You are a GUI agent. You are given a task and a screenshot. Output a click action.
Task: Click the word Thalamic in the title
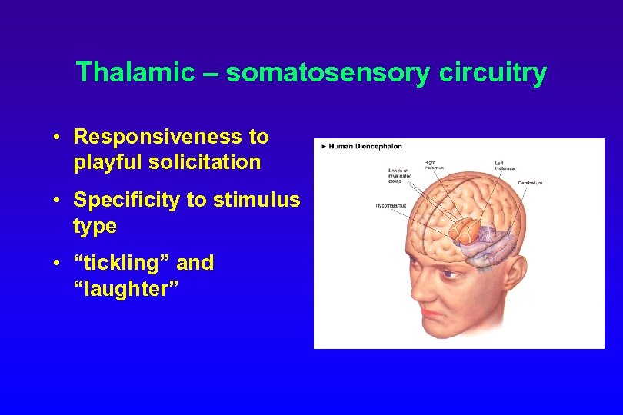pyautogui.click(x=135, y=73)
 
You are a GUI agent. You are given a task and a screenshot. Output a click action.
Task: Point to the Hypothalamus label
pyautogui.click(x=390, y=206)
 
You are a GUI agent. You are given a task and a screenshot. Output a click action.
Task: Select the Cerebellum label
pyautogui.click(x=530, y=183)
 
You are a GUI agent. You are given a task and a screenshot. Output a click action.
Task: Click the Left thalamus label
pyautogui.click(x=505, y=165)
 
